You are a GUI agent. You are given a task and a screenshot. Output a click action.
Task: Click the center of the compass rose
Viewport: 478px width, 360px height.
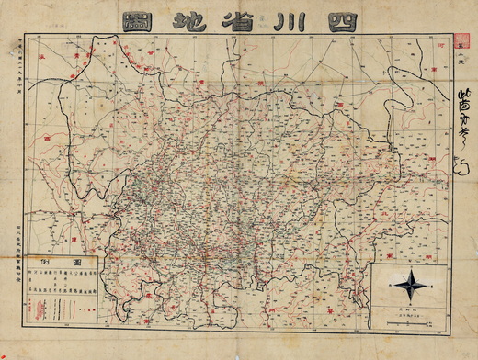411,286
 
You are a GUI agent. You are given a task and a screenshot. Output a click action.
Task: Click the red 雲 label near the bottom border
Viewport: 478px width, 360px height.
147,324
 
